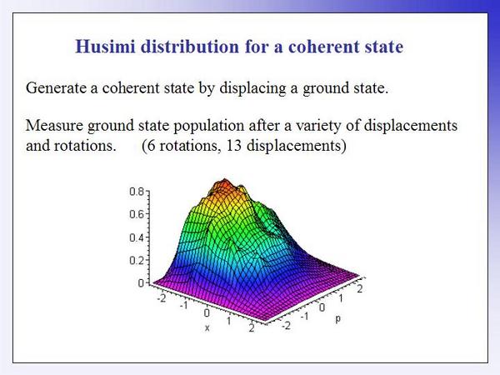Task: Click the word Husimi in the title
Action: tap(106, 46)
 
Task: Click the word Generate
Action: tap(56, 87)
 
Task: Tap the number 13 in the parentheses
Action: tap(233, 146)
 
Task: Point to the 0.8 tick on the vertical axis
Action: tap(137, 192)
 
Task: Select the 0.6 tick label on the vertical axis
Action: tap(137, 214)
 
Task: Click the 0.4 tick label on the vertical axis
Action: tap(137, 237)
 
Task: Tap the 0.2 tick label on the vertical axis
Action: tap(137, 261)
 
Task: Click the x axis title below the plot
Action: tap(207, 327)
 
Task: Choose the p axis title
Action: tap(338, 318)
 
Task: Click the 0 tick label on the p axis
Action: tap(322, 307)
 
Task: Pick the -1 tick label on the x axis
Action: tap(183, 306)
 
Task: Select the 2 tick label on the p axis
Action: tap(360, 289)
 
